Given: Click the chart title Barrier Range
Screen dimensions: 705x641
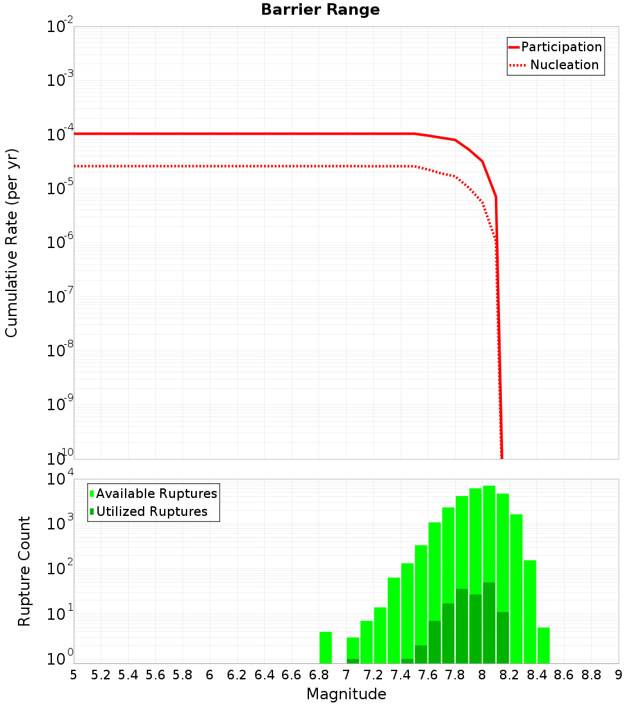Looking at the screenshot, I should pyautogui.click(x=320, y=10).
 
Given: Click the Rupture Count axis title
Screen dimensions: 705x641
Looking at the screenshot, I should pyautogui.click(x=24, y=571).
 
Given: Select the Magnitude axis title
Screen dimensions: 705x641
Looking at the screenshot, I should pyautogui.click(x=346, y=694).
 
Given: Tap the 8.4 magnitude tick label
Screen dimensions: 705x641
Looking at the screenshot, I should pyautogui.click(x=537, y=675).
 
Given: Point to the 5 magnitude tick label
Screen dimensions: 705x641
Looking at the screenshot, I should pyautogui.click(x=74, y=675).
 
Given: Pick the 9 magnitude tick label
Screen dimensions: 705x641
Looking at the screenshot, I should pyautogui.click(x=619, y=675).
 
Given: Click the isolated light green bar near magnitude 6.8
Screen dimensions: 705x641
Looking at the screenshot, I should pyautogui.click(x=326, y=647).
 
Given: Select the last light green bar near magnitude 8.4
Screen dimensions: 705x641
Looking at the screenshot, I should pyautogui.click(x=544, y=645).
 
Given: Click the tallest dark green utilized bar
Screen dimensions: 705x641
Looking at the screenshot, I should pyautogui.click(x=489, y=622).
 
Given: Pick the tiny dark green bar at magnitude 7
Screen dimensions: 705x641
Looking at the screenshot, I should pyautogui.click(x=353, y=661).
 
